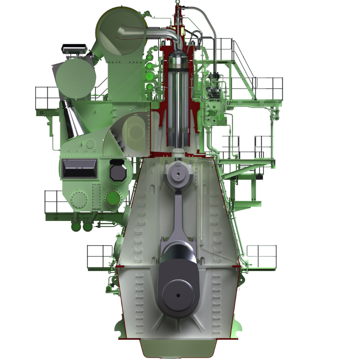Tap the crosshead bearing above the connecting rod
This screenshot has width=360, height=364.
click(x=178, y=174)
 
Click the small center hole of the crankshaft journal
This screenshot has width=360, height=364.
click(x=178, y=295)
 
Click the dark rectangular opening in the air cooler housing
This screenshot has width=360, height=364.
click(x=79, y=168)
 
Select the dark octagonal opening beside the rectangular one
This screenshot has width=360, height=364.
click(x=118, y=171)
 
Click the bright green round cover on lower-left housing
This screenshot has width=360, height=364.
click(x=112, y=199)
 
